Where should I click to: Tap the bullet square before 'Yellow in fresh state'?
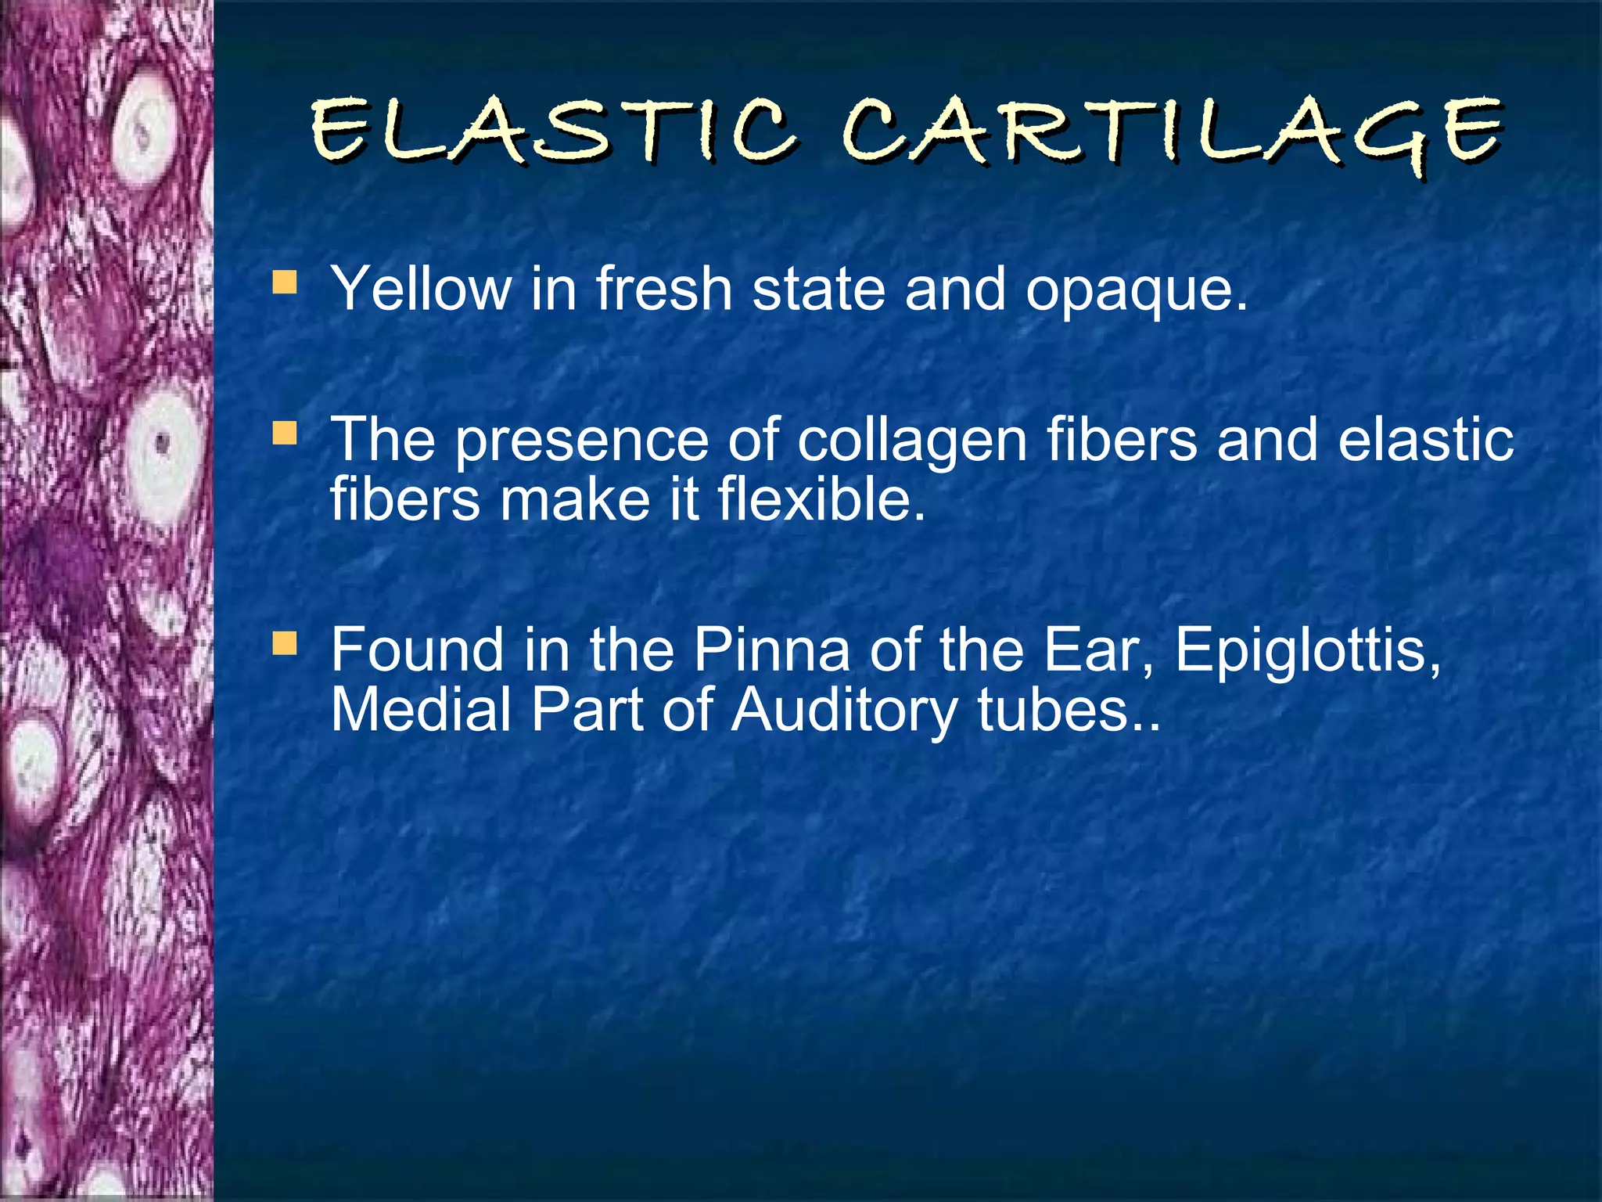(285, 282)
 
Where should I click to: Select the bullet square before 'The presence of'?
(285, 433)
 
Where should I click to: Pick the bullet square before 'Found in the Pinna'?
(285, 643)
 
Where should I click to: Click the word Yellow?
(421, 288)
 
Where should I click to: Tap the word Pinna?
(771, 650)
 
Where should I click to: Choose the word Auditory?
(844, 711)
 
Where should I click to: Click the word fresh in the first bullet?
(664, 288)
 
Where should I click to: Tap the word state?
(818, 288)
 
